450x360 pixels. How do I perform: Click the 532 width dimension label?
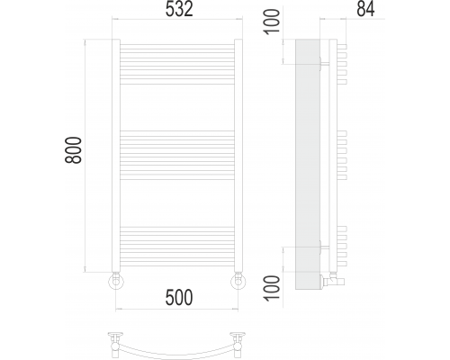tap(179, 9)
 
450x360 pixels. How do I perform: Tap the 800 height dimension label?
tap(73, 150)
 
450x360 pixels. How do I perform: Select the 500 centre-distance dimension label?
tap(179, 297)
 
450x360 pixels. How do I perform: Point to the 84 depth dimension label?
tap(365, 9)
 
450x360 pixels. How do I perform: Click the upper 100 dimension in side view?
tap(272, 22)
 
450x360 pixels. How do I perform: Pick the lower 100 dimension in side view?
tap(272, 288)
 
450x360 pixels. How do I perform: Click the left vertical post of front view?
tap(116, 156)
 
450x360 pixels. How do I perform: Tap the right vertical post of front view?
tap(238, 156)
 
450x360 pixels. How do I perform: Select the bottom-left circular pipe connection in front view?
tap(116, 282)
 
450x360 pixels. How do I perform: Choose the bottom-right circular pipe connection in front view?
tap(238, 282)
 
